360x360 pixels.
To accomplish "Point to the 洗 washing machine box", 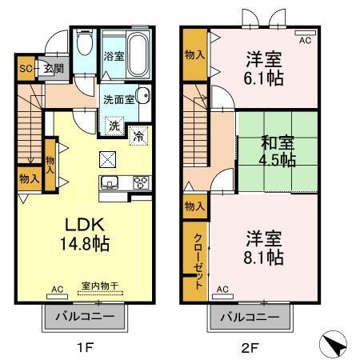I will [x=114, y=126].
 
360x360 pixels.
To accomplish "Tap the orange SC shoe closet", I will [x=25, y=69].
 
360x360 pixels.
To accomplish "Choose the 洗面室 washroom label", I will [x=118, y=99].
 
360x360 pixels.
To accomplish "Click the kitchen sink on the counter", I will [x=110, y=180].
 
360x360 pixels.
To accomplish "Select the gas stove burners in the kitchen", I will [x=138, y=181].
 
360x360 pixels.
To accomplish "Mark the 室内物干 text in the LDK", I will [x=98, y=285].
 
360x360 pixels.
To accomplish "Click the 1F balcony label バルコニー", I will [x=84, y=317].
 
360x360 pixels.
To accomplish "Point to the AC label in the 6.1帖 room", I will [x=304, y=38].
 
